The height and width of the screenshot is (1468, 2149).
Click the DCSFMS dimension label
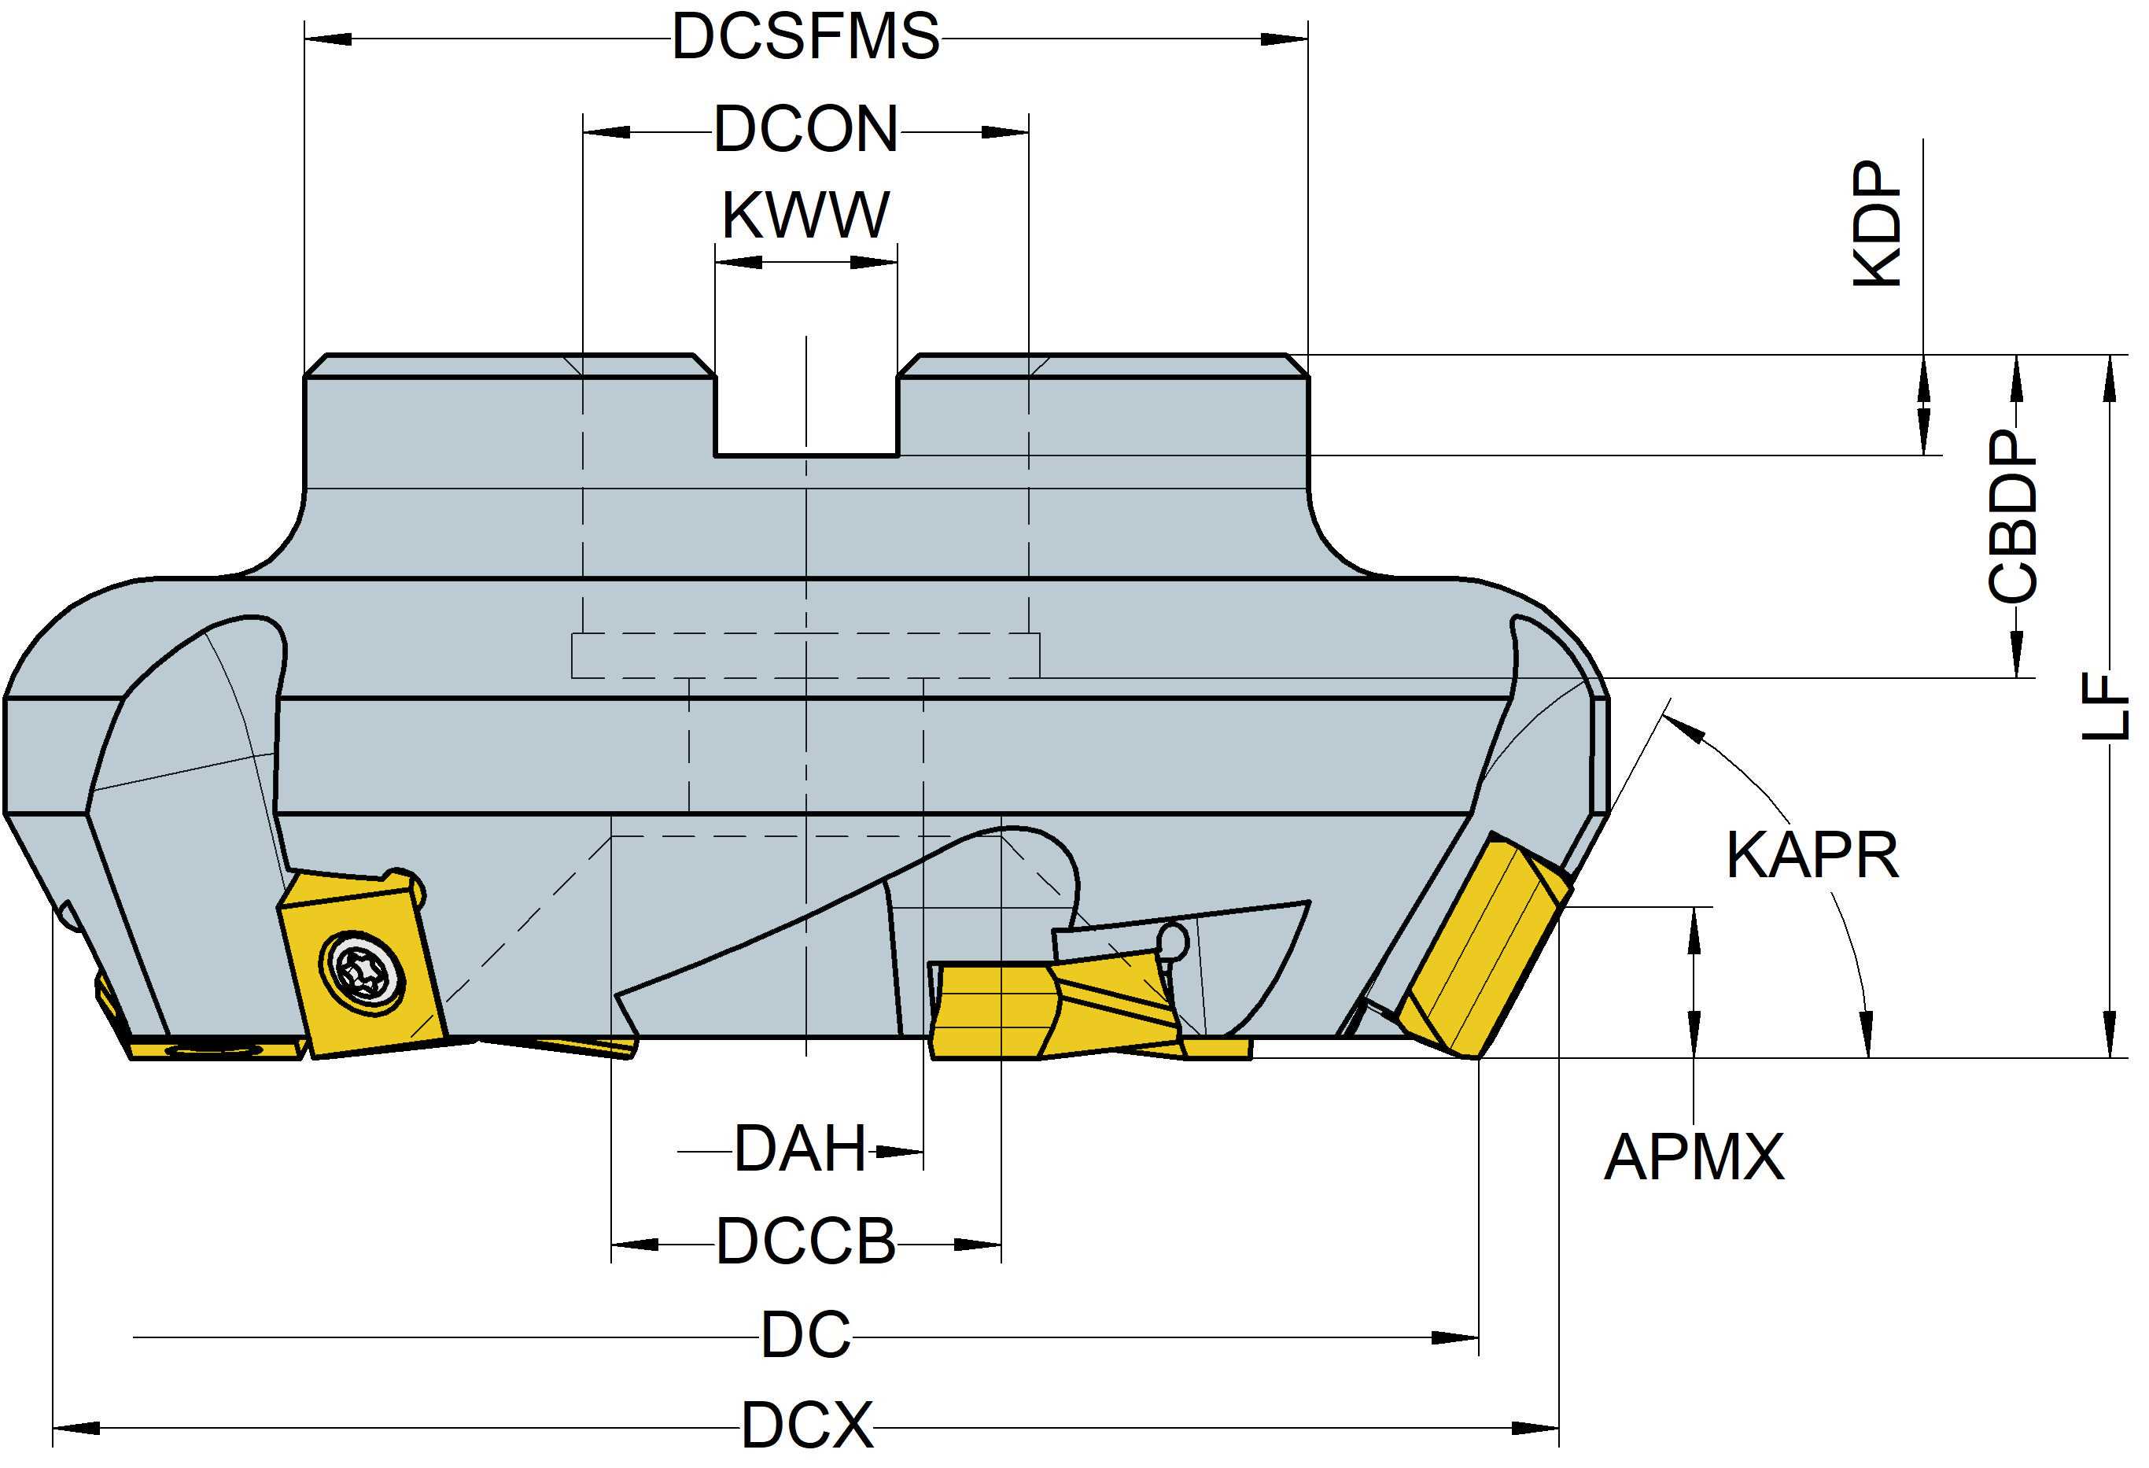coord(805,39)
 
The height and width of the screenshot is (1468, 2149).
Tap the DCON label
coord(805,131)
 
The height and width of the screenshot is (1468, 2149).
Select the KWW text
coord(805,216)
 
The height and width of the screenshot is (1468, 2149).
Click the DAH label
coord(800,1150)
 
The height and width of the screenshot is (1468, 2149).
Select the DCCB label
coord(805,1242)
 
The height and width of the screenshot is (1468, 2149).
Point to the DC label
coord(805,1336)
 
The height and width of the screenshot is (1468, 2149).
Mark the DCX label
coord(806,1426)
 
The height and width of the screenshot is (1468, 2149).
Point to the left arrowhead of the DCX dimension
coord(74,1428)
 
